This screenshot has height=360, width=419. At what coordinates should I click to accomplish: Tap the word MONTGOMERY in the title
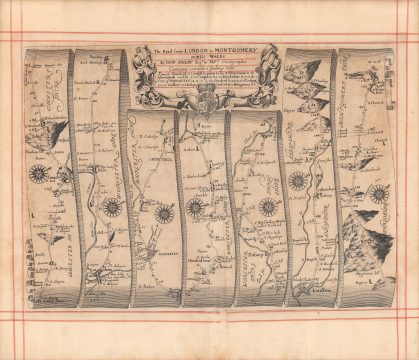tap(231, 48)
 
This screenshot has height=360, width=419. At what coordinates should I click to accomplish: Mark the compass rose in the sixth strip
tap(297, 182)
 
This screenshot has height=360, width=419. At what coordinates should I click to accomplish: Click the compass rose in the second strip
tap(113, 207)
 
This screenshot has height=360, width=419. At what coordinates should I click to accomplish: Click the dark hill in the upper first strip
tap(50, 131)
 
